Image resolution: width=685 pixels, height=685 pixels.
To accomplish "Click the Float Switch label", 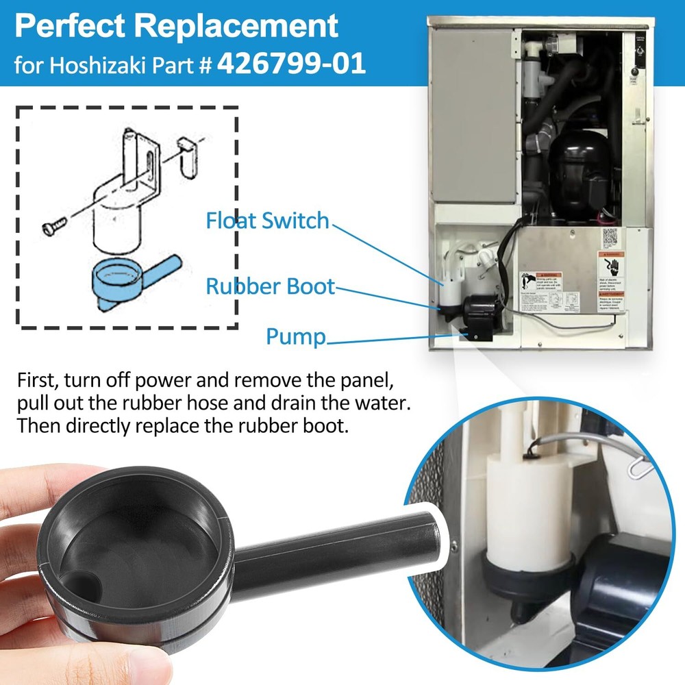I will [x=267, y=221].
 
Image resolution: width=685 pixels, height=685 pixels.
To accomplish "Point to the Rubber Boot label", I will [x=271, y=286].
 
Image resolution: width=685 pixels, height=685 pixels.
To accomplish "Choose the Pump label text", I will [x=295, y=336].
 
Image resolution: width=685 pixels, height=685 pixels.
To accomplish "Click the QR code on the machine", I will [x=610, y=238].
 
